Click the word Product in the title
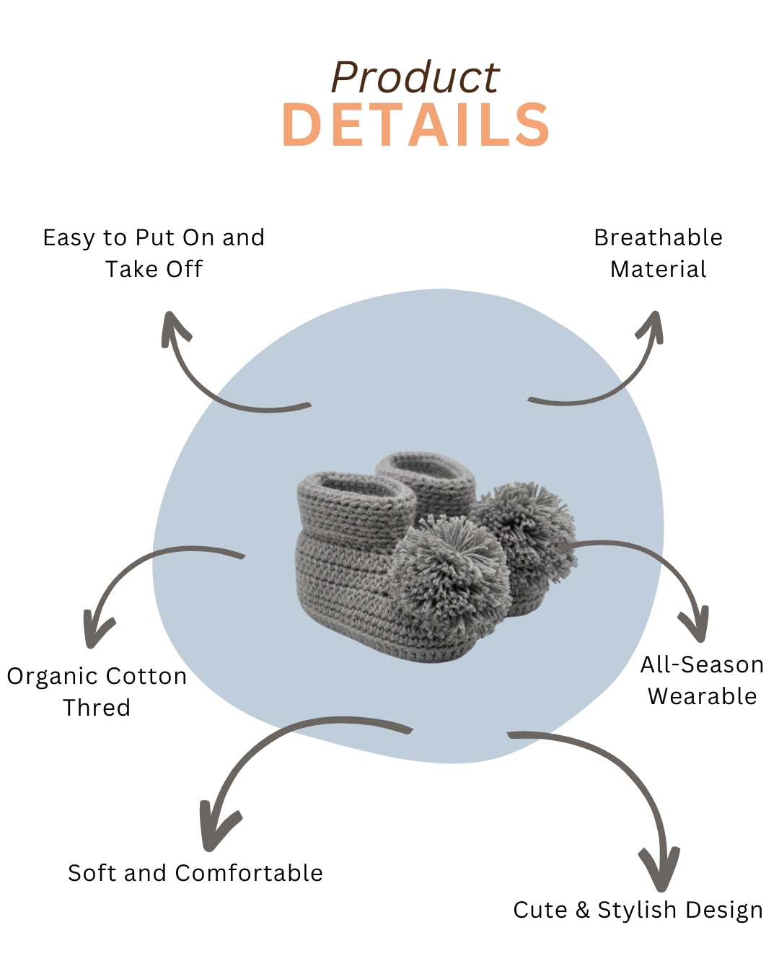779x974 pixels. (415, 77)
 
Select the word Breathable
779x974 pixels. (658, 237)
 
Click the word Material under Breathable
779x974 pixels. (658, 269)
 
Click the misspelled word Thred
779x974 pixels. (97, 708)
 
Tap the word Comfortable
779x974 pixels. (249, 873)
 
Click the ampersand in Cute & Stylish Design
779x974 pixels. (582, 911)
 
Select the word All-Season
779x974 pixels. (702, 665)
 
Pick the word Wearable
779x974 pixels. (702, 696)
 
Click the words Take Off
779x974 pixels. (154, 269)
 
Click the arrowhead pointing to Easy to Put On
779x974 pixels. (174, 328)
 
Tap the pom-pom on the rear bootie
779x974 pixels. (525, 527)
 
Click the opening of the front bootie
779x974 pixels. (357, 487)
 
